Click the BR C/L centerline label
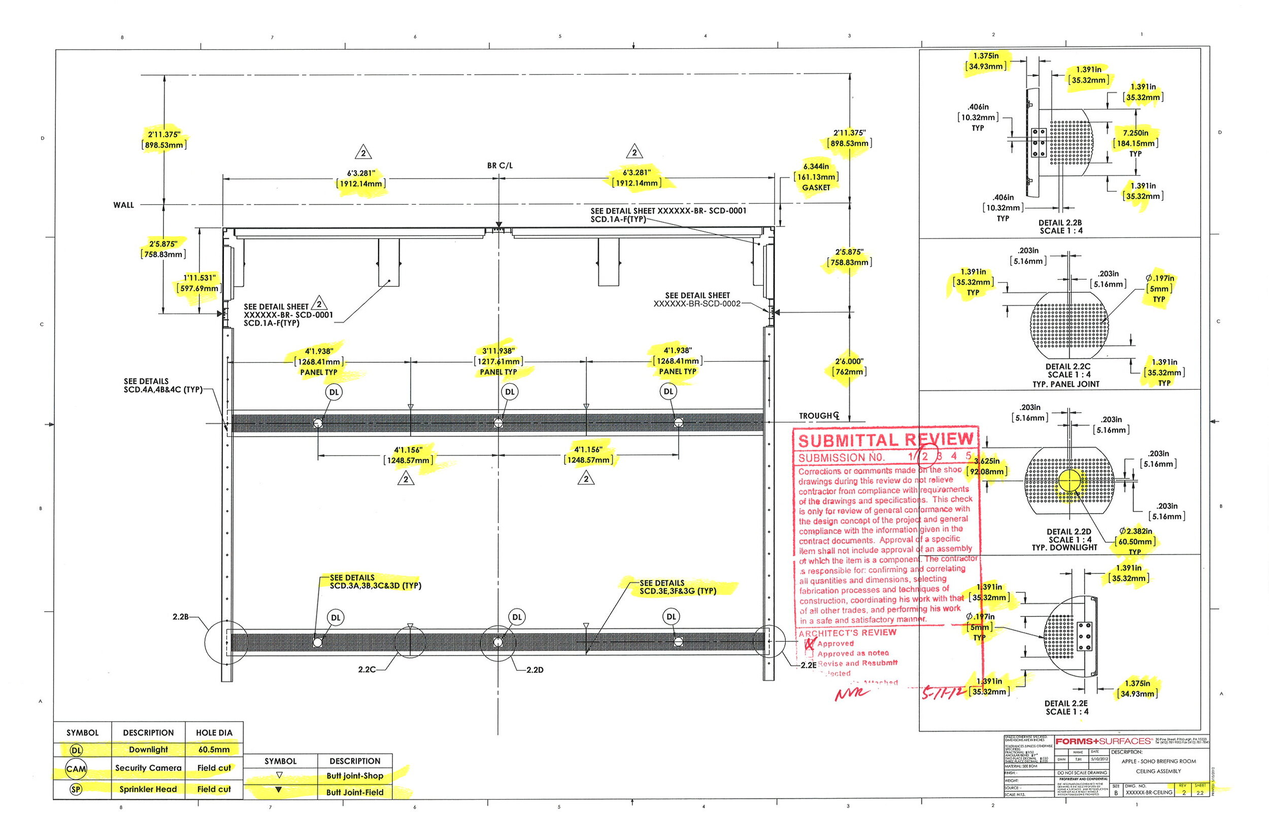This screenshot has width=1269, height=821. tap(499, 166)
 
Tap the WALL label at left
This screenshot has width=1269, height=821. tap(124, 205)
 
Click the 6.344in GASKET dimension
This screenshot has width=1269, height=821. tap(816, 177)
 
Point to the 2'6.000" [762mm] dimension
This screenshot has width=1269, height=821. tap(849, 366)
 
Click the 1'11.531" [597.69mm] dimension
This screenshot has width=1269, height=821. tap(199, 283)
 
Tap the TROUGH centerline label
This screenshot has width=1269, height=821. tap(818, 416)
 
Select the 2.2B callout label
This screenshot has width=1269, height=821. tap(180, 617)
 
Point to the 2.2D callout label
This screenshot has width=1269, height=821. tap(535, 670)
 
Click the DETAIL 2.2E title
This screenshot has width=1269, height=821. tap(1066, 707)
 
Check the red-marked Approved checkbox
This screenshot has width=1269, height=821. tap(810, 644)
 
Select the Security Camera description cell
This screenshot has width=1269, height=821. tap(148, 768)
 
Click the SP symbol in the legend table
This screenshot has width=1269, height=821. tap(76, 790)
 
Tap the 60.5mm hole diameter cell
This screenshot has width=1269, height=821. tap(214, 749)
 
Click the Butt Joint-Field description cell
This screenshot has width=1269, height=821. tap(355, 793)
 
